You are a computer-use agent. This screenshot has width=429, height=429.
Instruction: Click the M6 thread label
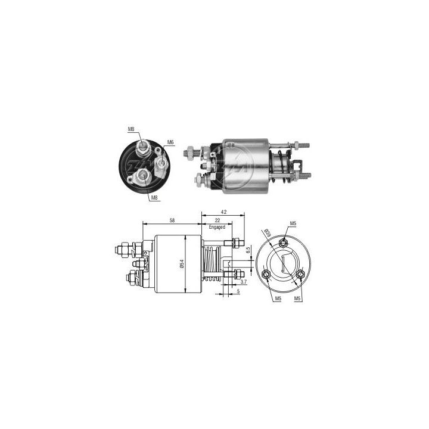click(x=170, y=142)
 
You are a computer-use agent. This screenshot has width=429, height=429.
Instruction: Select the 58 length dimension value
click(x=172, y=220)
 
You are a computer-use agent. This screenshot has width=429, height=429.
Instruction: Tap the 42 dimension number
click(x=223, y=211)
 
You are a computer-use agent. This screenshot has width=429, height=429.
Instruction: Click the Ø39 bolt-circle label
click(x=268, y=233)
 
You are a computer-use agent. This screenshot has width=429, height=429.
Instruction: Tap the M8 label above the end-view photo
click(x=130, y=129)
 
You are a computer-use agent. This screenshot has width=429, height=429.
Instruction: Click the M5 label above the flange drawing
click(x=293, y=223)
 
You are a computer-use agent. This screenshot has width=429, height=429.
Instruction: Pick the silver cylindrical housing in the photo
click(x=242, y=166)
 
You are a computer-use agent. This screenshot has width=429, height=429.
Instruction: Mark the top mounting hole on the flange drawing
click(x=285, y=242)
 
